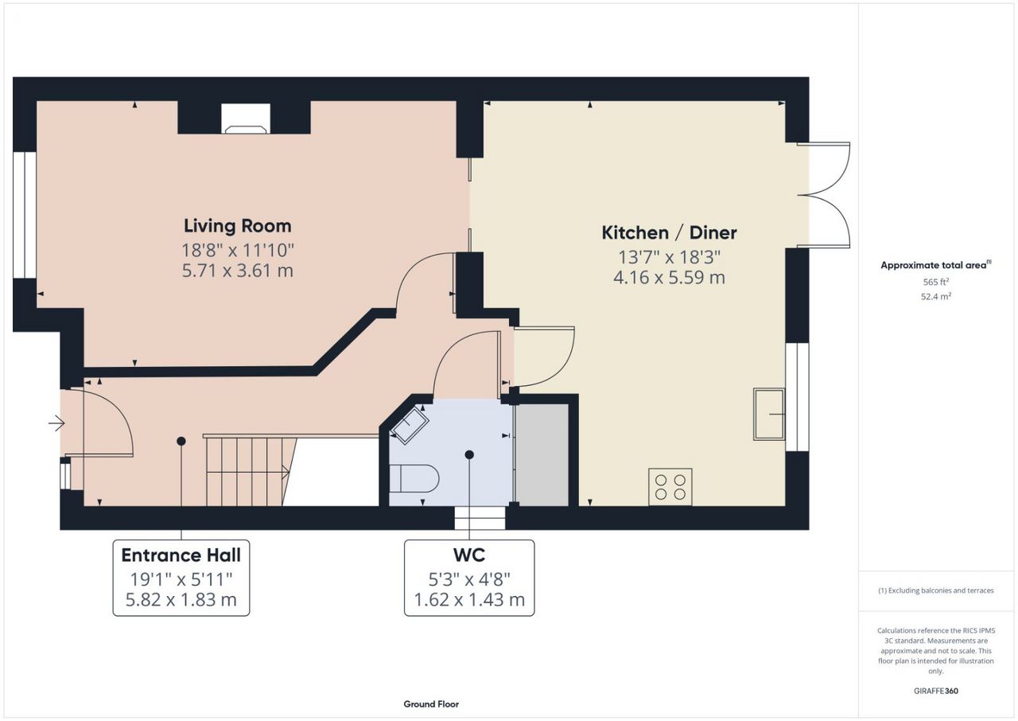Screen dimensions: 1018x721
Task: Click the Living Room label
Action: (x=237, y=226)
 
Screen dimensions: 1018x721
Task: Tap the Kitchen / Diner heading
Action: (x=669, y=232)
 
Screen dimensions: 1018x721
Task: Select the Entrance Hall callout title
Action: (x=181, y=555)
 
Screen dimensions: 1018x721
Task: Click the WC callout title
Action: (x=469, y=555)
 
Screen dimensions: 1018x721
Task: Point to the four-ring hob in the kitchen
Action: (x=670, y=487)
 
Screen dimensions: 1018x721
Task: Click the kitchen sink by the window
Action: (x=769, y=414)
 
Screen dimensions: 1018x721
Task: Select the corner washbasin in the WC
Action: (x=410, y=425)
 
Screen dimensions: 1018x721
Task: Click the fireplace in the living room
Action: (x=246, y=119)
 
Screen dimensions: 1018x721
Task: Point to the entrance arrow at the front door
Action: (x=56, y=423)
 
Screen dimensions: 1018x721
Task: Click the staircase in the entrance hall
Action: (x=248, y=471)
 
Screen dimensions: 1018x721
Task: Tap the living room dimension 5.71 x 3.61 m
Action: (x=237, y=271)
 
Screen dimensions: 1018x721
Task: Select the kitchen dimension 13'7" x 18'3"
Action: (x=669, y=257)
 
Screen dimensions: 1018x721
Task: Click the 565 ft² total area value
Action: (x=936, y=282)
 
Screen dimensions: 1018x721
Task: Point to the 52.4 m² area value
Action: (x=936, y=296)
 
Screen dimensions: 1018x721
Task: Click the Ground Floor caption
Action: (x=431, y=704)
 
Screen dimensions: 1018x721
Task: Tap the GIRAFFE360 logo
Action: (x=936, y=691)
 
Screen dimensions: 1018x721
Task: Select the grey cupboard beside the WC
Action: (x=542, y=454)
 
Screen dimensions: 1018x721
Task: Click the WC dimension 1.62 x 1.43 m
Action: (x=469, y=599)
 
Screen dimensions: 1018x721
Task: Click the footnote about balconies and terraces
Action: (x=936, y=590)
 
